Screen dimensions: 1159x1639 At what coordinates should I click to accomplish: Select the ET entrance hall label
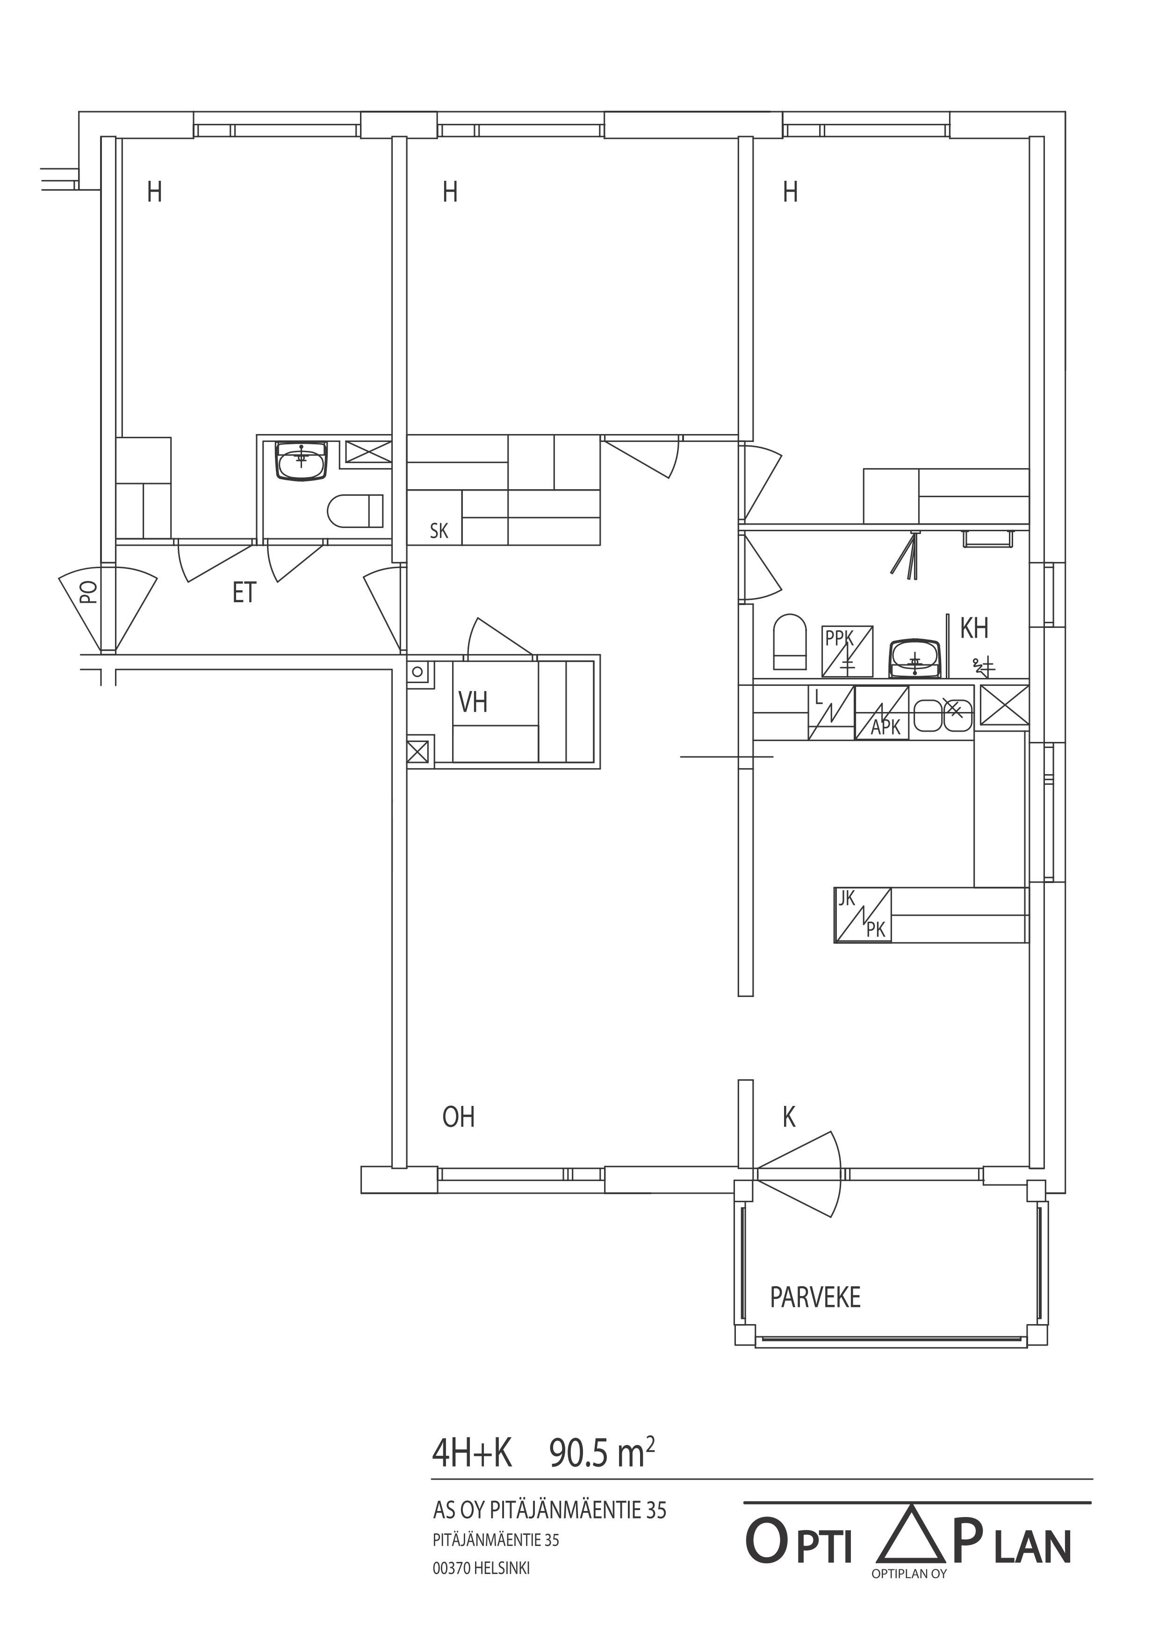pos(244,592)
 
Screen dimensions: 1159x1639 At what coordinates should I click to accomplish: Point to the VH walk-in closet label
pos(473,702)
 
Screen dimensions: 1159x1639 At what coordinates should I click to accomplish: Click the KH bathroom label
pos(974,628)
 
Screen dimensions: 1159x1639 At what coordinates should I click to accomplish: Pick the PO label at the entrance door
pos(88,592)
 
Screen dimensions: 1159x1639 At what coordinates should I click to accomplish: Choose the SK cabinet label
pos(439,530)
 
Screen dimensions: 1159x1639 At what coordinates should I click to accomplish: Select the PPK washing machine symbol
pos(848,651)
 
